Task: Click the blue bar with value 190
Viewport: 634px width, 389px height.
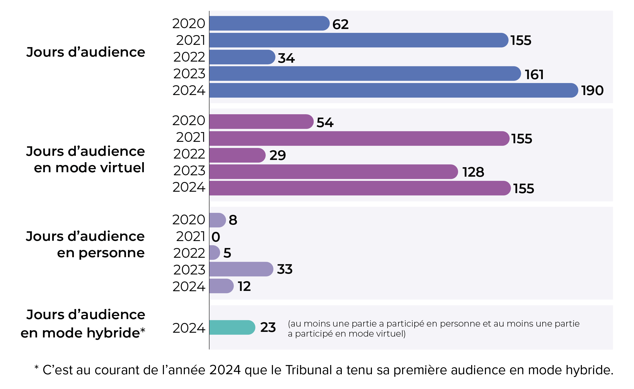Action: (393, 90)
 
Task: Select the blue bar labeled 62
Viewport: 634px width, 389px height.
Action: (269, 23)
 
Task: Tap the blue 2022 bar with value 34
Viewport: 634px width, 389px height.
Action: (242, 57)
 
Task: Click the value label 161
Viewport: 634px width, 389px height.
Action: (534, 74)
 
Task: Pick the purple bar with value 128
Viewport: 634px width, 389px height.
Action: (333, 172)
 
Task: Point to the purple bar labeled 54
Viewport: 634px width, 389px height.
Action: (261, 122)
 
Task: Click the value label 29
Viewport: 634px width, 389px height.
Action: (277, 155)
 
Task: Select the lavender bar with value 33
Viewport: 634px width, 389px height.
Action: (241, 269)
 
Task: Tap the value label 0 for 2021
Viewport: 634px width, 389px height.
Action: (216, 237)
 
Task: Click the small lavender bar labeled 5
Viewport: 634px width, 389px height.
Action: (214, 252)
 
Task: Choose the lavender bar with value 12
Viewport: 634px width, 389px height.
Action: (221, 286)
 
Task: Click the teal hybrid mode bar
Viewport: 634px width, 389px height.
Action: (232, 327)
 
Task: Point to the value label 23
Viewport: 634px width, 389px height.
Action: (268, 327)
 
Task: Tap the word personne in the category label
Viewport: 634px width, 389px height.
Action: (112, 253)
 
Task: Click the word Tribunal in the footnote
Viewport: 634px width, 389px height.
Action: (308, 370)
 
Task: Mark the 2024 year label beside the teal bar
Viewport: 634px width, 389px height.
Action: (189, 328)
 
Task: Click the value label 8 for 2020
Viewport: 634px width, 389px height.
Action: (233, 220)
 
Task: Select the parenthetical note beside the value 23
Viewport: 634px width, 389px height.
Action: (434, 329)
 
